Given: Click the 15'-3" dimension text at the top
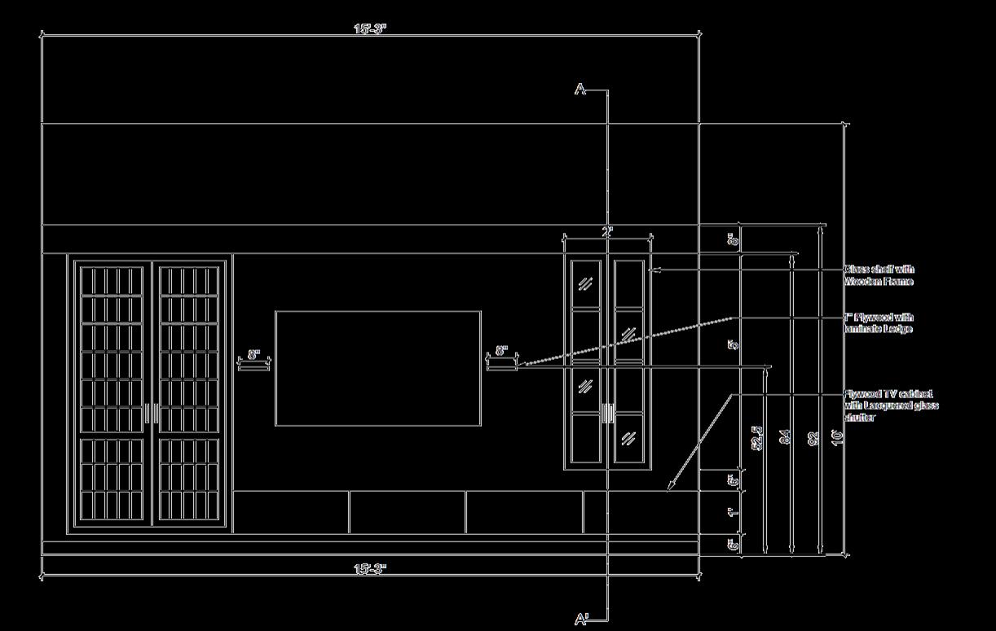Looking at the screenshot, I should pyautogui.click(x=370, y=28).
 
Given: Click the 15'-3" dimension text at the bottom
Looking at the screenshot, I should pyautogui.click(x=370, y=568).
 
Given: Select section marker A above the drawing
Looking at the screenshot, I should pyautogui.click(x=580, y=90).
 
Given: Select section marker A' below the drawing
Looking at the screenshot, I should pyautogui.click(x=582, y=620).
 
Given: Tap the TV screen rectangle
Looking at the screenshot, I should pyautogui.click(x=377, y=368).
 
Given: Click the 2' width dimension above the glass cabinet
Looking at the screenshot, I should pyautogui.click(x=607, y=232).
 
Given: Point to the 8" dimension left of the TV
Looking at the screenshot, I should pyautogui.click(x=253, y=355).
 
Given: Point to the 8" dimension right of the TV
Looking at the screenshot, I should pyautogui.click(x=502, y=352).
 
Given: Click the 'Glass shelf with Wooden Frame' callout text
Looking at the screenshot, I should pyautogui.click(x=879, y=275).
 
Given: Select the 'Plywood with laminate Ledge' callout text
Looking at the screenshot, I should pyautogui.click(x=879, y=323).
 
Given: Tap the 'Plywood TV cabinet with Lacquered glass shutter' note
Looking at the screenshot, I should pyautogui.click(x=891, y=405).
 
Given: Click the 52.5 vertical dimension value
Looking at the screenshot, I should pyautogui.click(x=757, y=437).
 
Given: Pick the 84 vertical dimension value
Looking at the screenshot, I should pyautogui.click(x=785, y=437).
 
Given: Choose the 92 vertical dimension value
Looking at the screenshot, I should pyautogui.click(x=813, y=437).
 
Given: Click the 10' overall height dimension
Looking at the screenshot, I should pyautogui.click(x=836, y=437).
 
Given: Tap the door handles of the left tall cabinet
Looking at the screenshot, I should pyautogui.click(x=152, y=414).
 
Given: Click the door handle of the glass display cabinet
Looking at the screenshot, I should pyautogui.click(x=607, y=414).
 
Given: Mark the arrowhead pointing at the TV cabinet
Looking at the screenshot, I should pyautogui.click(x=670, y=488).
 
